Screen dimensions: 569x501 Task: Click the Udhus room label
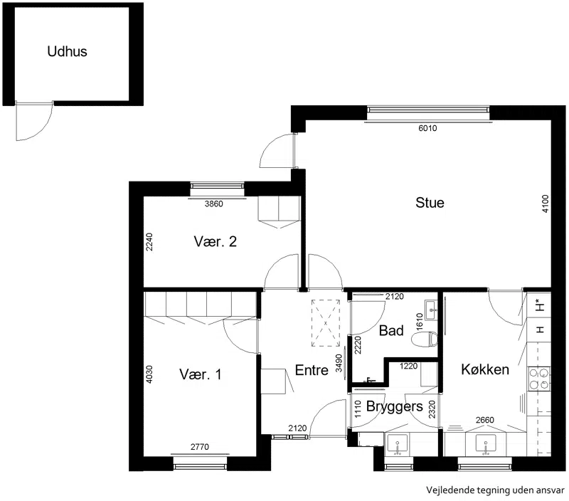67,51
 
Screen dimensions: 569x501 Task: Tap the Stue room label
430,203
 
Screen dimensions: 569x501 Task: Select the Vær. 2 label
216,241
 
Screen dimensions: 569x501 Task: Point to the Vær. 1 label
201,374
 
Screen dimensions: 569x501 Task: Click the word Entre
312,370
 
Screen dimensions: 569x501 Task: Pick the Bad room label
391,330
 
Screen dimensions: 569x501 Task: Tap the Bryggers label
395,406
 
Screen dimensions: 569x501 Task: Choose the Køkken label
485,369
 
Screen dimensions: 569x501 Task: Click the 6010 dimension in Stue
427,128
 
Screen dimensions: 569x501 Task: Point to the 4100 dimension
545,204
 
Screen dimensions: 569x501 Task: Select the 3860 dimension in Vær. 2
214,204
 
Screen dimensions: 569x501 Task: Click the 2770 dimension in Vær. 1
200,447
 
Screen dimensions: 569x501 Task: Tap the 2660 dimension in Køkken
485,420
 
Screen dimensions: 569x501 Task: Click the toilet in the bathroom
425,339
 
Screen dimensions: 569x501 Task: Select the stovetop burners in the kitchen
539,379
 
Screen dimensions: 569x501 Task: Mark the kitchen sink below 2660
486,444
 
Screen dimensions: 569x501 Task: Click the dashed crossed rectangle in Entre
326,323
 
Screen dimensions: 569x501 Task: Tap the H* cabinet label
540,305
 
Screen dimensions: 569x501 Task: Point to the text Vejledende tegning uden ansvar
495,490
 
